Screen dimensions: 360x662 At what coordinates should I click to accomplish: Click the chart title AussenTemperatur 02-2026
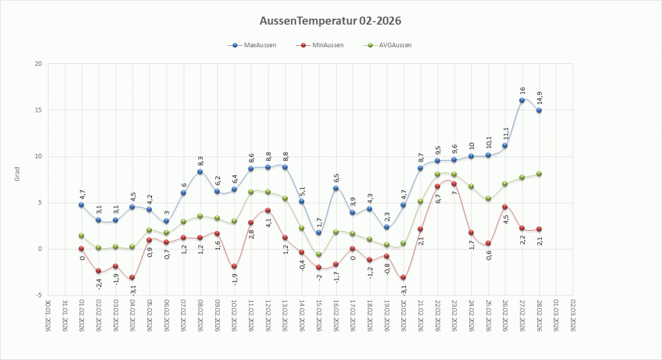tap(330, 21)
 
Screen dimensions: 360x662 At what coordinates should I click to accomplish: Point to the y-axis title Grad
tap(18, 175)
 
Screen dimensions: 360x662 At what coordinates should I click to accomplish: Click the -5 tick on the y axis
tap(39, 295)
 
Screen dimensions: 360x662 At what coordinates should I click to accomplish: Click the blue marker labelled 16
tap(522, 100)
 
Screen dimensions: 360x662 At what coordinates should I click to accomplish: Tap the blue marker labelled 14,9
tap(539, 111)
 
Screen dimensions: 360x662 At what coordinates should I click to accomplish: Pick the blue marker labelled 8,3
tap(200, 172)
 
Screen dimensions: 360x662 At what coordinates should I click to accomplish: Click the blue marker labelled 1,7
tap(319, 233)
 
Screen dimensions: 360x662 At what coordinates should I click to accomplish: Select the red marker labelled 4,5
tap(505, 207)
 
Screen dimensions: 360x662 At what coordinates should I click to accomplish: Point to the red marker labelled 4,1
tap(268, 211)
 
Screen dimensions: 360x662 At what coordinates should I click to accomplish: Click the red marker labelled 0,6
tap(488, 243)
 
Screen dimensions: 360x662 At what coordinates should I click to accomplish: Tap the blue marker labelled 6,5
tap(336, 188)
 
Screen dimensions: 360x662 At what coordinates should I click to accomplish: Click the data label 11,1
tap(506, 133)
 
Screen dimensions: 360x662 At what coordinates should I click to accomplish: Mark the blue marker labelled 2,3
tap(386, 228)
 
